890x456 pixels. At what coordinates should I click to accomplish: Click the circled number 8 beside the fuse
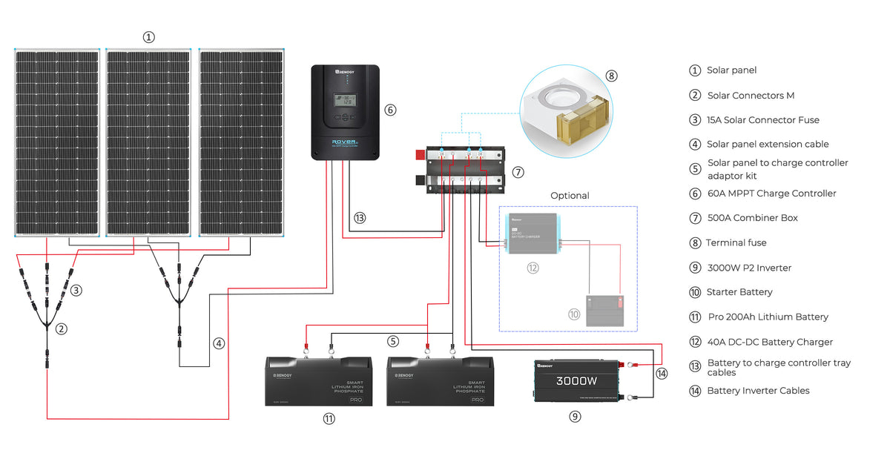pos(611,76)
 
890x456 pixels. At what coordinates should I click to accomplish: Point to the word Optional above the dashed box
pos(570,196)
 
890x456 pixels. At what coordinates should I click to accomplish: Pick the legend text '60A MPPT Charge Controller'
pos(771,194)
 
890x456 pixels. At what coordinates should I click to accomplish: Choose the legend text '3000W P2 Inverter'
pos(750,268)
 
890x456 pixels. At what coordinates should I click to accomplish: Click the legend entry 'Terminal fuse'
pos(736,242)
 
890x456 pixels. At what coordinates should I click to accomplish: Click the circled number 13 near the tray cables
pos(360,218)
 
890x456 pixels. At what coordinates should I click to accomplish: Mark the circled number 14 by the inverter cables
pos(662,374)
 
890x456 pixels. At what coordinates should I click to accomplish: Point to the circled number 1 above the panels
pos(149,36)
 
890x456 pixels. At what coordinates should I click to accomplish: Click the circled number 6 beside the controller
pos(390,110)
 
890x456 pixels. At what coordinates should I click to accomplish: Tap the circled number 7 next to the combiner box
pos(518,172)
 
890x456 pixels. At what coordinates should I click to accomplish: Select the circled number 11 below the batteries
pos(329,419)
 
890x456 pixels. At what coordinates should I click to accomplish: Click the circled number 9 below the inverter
pos(575,417)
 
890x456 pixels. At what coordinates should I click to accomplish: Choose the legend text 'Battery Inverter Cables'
pos(758,391)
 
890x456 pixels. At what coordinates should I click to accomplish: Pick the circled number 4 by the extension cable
pos(218,343)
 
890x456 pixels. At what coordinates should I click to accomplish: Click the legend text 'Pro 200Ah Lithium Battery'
pos(768,317)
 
